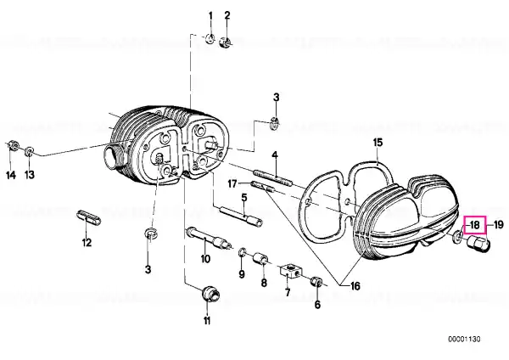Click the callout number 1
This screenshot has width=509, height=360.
(x=210, y=16)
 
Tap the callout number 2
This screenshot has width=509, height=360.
(x=227, y=15)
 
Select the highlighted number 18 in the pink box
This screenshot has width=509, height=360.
(x=474, y=225)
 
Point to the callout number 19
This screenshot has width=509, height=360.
(x=498, y=224)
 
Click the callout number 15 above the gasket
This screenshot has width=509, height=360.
(x=378, y=143)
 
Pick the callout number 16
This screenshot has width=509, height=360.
(x=355, y=286)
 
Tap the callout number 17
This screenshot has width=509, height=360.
(x=232, y=184)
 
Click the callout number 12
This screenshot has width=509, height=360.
(x=87, y=242)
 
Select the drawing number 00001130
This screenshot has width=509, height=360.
(x=464, y=340)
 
